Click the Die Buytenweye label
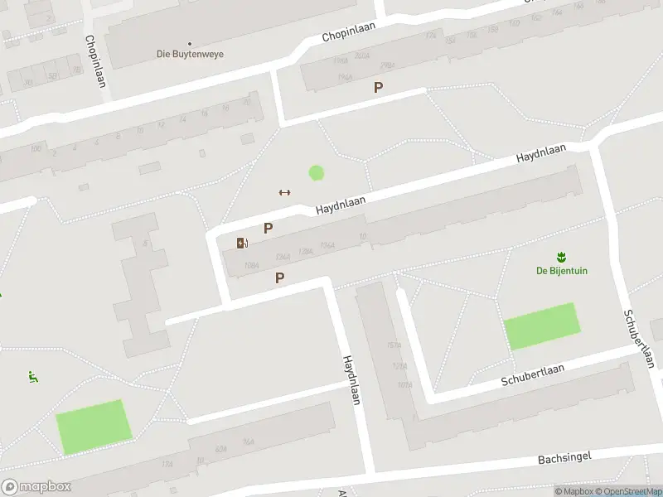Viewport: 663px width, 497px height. [190, 55]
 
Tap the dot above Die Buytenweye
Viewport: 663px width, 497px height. [190, 43]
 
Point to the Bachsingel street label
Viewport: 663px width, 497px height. [563, 458]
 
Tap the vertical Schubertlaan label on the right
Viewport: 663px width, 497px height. [639, 339]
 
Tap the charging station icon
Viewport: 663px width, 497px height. [242, 243]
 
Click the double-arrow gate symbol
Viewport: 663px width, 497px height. [284, 192]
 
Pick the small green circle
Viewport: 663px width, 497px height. [316, 173]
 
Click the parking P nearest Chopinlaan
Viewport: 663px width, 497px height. [379, 87]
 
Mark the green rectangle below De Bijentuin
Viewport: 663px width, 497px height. [541, 326]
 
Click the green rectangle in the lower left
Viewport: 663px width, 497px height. [94, 427]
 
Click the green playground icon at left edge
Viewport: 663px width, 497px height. [33, 378]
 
